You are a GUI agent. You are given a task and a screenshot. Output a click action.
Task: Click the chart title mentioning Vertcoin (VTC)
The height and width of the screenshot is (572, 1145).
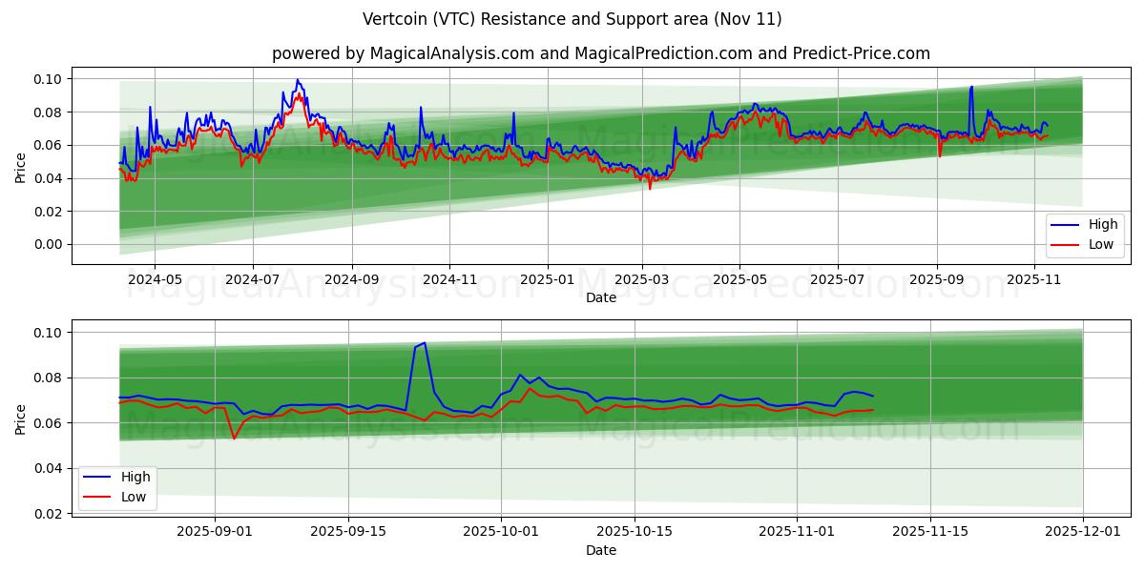click(x=572, y=19)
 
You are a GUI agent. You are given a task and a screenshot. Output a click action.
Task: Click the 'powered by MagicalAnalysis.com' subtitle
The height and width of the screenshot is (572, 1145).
click(x=601, y=53)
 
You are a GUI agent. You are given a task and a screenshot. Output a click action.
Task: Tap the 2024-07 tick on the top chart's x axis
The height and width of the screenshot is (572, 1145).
click(x=253, y=280)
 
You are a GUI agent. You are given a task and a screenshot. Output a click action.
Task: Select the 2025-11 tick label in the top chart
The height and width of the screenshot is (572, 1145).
click(x=1035, y=280)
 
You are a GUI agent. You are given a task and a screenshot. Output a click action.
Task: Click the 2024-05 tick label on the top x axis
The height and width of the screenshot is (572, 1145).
click(x=155, y=280)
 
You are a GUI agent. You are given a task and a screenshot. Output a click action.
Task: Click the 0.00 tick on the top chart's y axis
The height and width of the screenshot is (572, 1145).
click(x=48, y=245)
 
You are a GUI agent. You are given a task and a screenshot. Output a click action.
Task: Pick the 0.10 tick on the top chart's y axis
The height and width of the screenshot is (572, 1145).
click(x=48, y=79)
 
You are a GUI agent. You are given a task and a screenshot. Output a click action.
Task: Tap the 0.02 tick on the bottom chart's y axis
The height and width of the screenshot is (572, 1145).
click(x=48, y=514)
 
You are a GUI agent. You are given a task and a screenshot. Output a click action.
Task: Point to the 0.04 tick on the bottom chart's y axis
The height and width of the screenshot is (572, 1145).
click(x=48, y=469)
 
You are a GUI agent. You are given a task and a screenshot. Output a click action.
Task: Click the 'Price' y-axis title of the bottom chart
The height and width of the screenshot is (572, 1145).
click(x=21, y=419)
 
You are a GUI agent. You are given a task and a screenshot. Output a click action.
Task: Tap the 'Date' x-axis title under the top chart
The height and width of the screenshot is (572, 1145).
click(x=601, y=297)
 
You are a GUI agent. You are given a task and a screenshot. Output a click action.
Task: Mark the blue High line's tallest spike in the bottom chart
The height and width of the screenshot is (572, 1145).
click(x=425, y=343)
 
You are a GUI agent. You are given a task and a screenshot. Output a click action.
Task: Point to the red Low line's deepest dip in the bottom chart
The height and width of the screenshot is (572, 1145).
click(x=234, y=439)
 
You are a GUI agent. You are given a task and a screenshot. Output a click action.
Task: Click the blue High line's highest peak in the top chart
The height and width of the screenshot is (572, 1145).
click(x=297, y=80)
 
